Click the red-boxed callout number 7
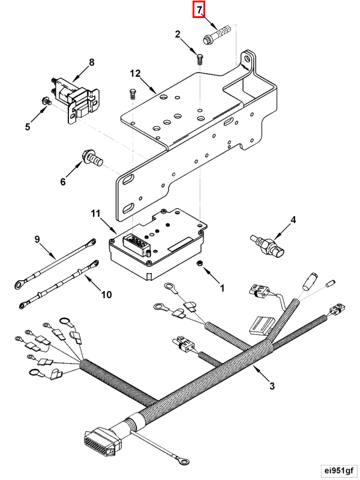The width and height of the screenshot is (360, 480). click(199, 10)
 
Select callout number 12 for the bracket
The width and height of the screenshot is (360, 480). click(134, 73)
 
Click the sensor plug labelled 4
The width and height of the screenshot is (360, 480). click(268, 247)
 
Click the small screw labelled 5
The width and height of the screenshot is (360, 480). click(46, 101)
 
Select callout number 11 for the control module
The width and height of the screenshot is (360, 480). click(95, 213)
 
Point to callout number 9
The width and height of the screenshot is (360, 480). click(37, 239)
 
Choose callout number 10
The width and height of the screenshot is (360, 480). click(106, 295)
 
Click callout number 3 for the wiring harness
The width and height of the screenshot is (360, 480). click(272, 386)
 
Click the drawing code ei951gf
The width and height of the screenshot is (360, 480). click(338, 470)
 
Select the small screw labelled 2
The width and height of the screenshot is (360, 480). click(200, 59)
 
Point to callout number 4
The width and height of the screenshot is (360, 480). click(293, 220)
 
